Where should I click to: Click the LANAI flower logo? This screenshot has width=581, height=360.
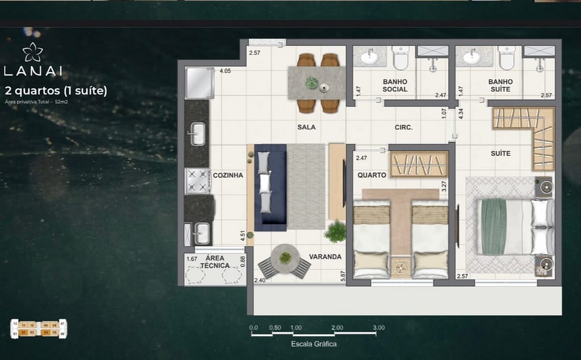point(32,52)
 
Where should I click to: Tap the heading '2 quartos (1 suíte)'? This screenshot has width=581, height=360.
point(56,90)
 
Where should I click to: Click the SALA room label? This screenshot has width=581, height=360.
point(306,127)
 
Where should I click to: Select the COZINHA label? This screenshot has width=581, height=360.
point(228,175)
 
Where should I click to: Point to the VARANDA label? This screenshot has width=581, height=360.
point(325,257)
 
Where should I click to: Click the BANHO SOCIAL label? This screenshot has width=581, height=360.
point(395,86)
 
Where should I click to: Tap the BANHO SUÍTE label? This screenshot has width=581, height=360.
point(500,86)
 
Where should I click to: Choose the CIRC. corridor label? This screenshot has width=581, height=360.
point(403,128)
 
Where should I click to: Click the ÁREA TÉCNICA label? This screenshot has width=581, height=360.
point(214,261)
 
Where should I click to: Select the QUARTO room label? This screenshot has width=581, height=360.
point(372,175)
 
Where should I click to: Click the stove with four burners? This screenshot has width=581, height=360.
point(197,181)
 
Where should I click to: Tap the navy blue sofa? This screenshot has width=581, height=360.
point(270,187)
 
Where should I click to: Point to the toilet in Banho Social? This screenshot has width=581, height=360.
point(401,57)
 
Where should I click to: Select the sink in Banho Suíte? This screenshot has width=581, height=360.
point(471,57)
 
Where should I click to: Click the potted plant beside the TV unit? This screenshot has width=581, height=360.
point(335,231)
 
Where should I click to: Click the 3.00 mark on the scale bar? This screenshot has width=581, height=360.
point(378,328)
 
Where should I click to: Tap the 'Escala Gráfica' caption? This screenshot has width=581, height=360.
point(314,344)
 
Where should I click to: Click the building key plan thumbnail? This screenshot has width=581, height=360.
point(39,329)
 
